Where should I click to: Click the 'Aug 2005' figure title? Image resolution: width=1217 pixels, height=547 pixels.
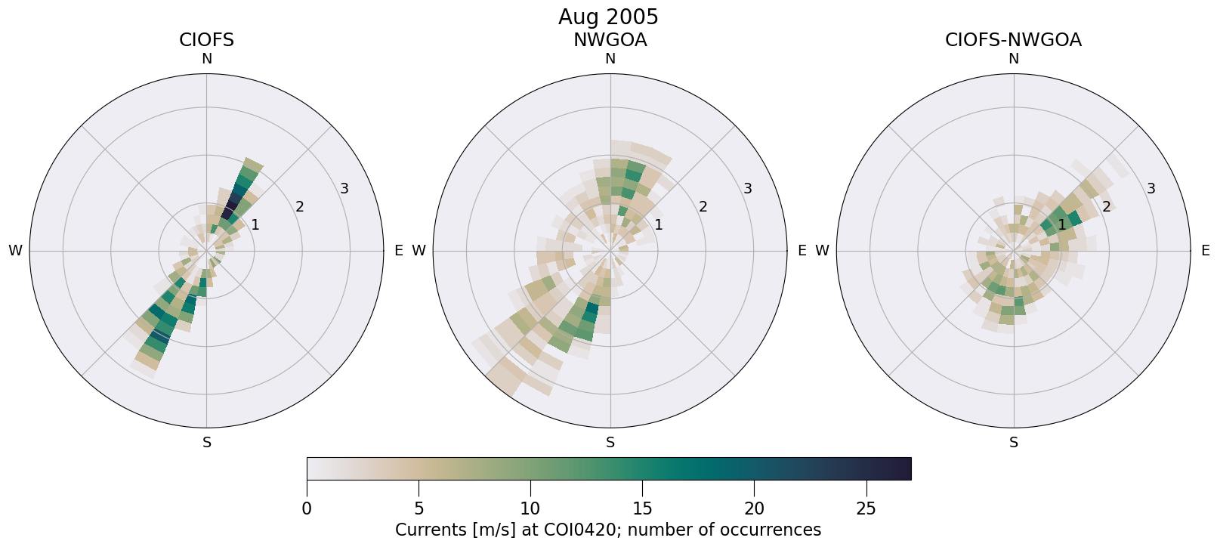coord(608,17)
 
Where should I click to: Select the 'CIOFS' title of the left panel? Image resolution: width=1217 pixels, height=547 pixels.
coord(206,40)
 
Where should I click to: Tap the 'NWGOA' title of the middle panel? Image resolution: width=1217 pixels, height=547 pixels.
coord(610,40)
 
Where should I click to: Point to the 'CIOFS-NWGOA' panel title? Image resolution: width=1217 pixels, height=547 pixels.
coord(1013,40)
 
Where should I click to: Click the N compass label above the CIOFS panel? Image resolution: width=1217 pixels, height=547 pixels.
coord(206,59)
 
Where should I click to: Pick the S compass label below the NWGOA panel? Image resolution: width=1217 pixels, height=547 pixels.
coord(610,443)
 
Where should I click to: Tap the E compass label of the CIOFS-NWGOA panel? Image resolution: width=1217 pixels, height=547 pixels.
coord(1205,251)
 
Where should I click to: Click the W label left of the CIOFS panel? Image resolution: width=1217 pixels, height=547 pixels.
coord(15,251)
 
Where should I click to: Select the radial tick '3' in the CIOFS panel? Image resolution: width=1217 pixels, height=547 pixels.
coord(344,189)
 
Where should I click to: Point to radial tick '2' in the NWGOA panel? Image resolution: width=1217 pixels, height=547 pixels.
coord(703,207)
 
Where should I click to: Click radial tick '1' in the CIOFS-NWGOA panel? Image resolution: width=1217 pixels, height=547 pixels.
coord(1061,224)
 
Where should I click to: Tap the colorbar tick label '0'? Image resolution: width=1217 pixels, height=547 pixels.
coord(307,508)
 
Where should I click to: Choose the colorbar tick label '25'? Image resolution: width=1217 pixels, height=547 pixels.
coord(866,508)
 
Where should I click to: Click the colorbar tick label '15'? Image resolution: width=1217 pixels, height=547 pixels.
coord(642,508)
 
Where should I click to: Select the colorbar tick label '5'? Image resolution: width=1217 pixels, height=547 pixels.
coord(419,508)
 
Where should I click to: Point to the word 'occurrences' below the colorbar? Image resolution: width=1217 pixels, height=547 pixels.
coord(777,530)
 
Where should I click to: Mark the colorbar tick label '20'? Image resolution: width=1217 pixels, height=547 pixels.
coord(754,508)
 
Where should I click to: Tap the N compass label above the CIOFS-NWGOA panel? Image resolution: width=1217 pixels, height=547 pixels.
coord(1013,59)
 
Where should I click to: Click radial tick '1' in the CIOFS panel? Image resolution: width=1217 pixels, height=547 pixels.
coord(255,224)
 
